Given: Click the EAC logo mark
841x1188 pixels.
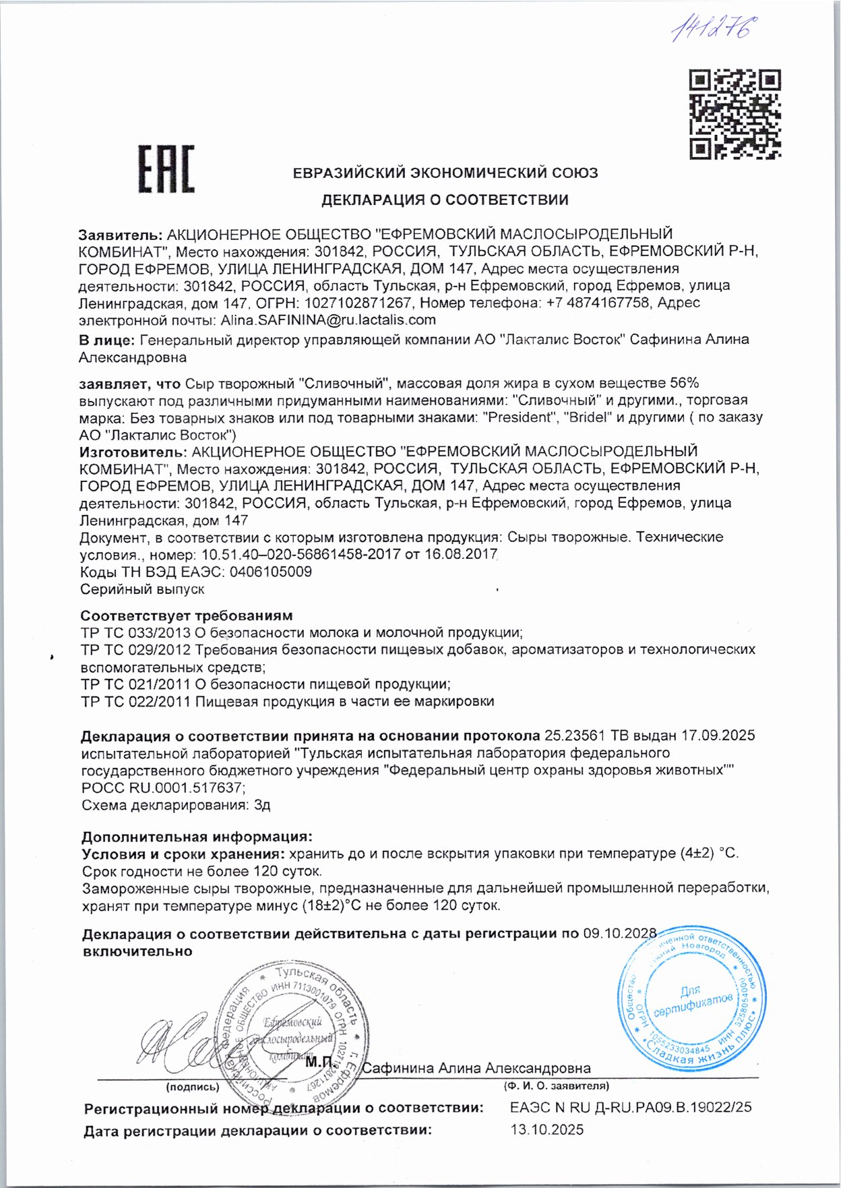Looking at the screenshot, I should [x=166, y=169].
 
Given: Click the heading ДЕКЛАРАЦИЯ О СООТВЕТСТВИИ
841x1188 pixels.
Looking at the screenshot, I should [x=445, y=200].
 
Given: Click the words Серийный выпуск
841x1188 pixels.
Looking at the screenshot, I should [x=142, y=589].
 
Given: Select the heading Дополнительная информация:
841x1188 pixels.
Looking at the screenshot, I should [x=197, y=837].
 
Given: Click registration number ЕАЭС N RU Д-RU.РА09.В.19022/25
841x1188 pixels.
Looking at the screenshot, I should [x=631, y=1107].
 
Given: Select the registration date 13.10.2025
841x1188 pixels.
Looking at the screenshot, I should [x=547, y=1130].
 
